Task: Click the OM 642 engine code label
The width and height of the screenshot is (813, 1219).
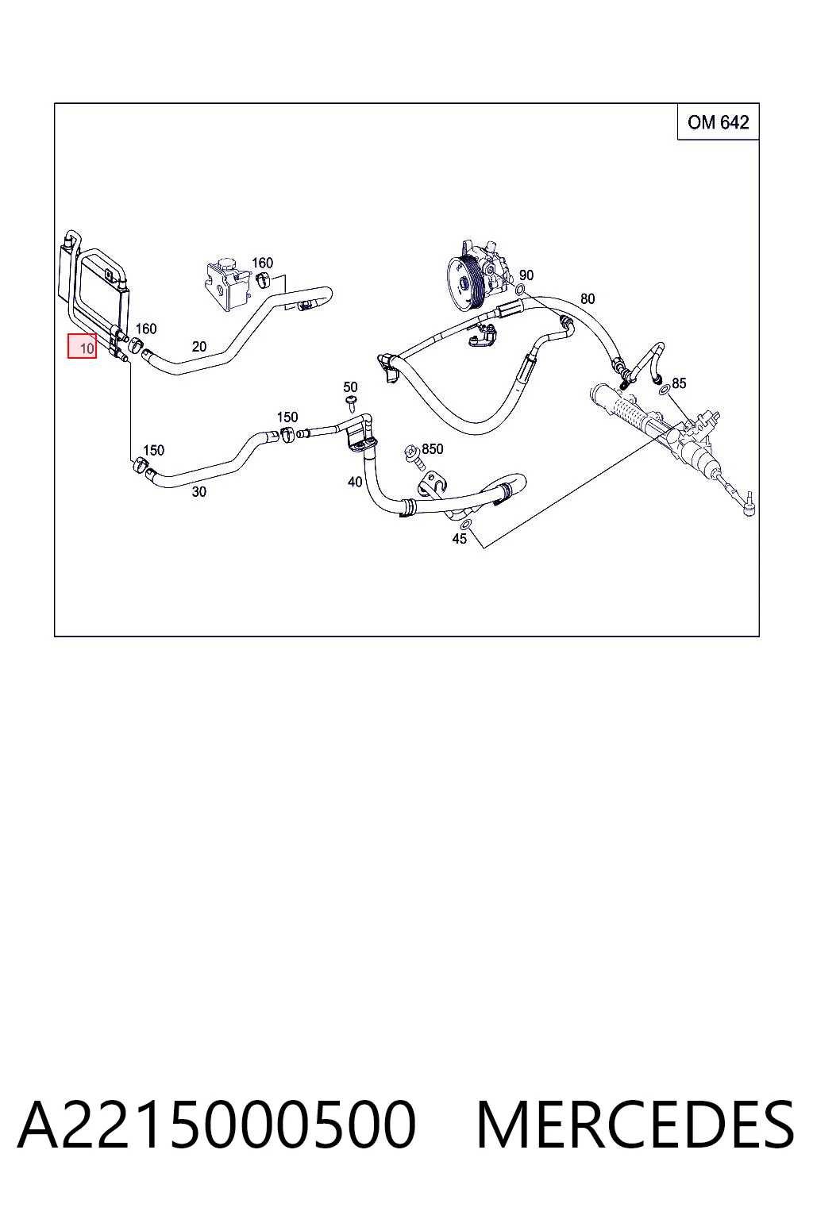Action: pos(718,122)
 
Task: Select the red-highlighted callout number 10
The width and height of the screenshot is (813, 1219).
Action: pos(83,346)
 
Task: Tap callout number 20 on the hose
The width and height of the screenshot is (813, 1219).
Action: pos(199,347)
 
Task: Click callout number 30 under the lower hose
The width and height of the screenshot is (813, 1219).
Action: pos(198,492)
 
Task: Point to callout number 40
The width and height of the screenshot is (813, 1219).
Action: pos(355,482)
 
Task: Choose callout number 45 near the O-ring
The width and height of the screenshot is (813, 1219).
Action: pos(460,539)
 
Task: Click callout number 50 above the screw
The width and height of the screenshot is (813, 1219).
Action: pos(350,387)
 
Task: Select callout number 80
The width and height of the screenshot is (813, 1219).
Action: pos(588,298)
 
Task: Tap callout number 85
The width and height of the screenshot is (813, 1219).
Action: pos(679,383)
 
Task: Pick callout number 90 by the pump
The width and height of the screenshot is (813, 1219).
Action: pos(526,275)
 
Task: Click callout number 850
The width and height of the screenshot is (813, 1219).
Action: pos(433,449)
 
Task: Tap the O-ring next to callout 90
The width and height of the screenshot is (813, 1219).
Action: pos(521,290)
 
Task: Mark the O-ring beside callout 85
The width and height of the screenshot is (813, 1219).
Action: pos(664,390)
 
